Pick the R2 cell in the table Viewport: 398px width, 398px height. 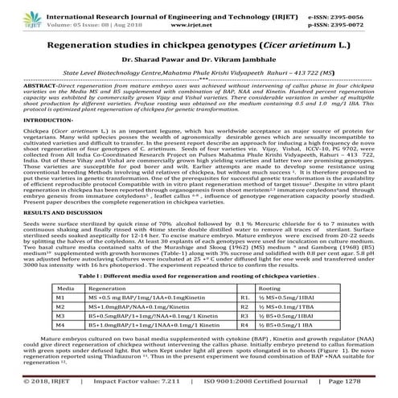pos(244,306)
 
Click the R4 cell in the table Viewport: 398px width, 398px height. pos(244,326)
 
